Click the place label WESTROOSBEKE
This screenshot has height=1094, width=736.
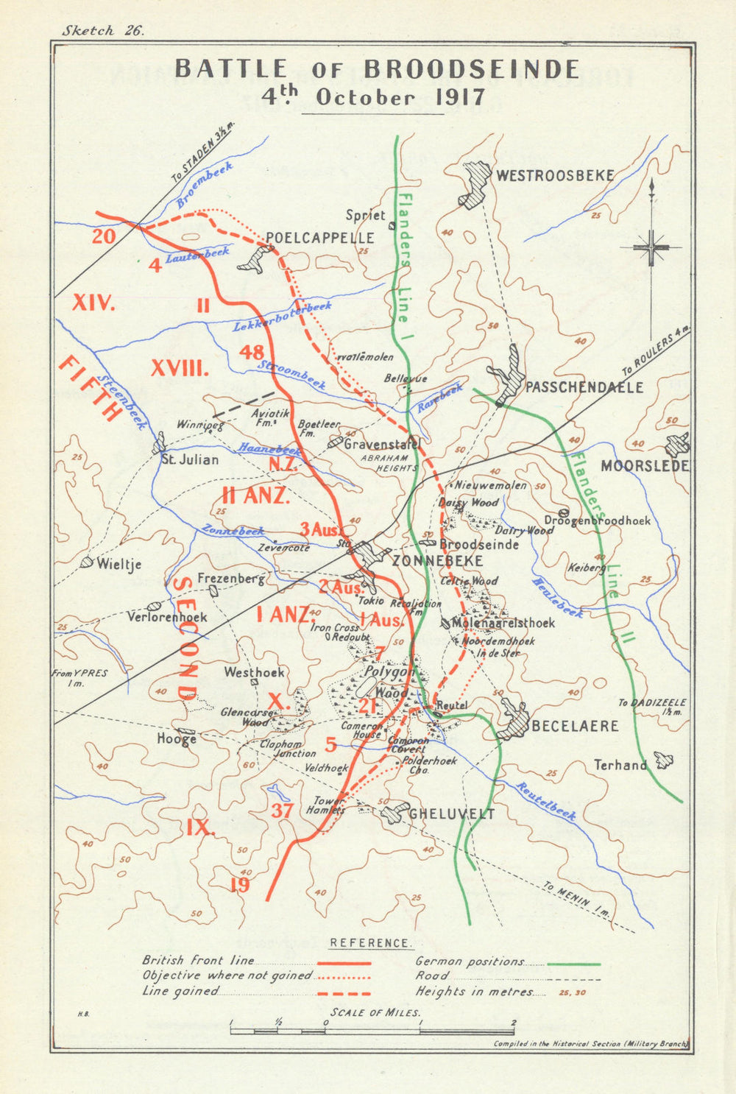[554, 175]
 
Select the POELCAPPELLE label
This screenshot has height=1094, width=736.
[319, 238]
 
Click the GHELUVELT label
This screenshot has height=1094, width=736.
[451, 814]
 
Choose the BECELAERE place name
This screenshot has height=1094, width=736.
[575, 726]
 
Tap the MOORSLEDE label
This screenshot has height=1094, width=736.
[645, 466]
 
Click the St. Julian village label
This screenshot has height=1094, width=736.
[190, 459]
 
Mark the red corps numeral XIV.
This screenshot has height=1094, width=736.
[93, 302]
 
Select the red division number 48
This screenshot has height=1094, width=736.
[251, 352]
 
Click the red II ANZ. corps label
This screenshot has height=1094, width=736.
[255, 495]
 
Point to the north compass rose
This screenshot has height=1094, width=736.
[651, 247]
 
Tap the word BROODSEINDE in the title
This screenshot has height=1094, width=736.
[472, 69]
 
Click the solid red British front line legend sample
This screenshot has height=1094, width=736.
[344, 962]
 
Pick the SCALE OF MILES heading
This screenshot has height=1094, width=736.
[375, 1012]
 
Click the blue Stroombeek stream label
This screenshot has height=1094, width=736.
[291, 375]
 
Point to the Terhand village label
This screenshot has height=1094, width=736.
[620, 765]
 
